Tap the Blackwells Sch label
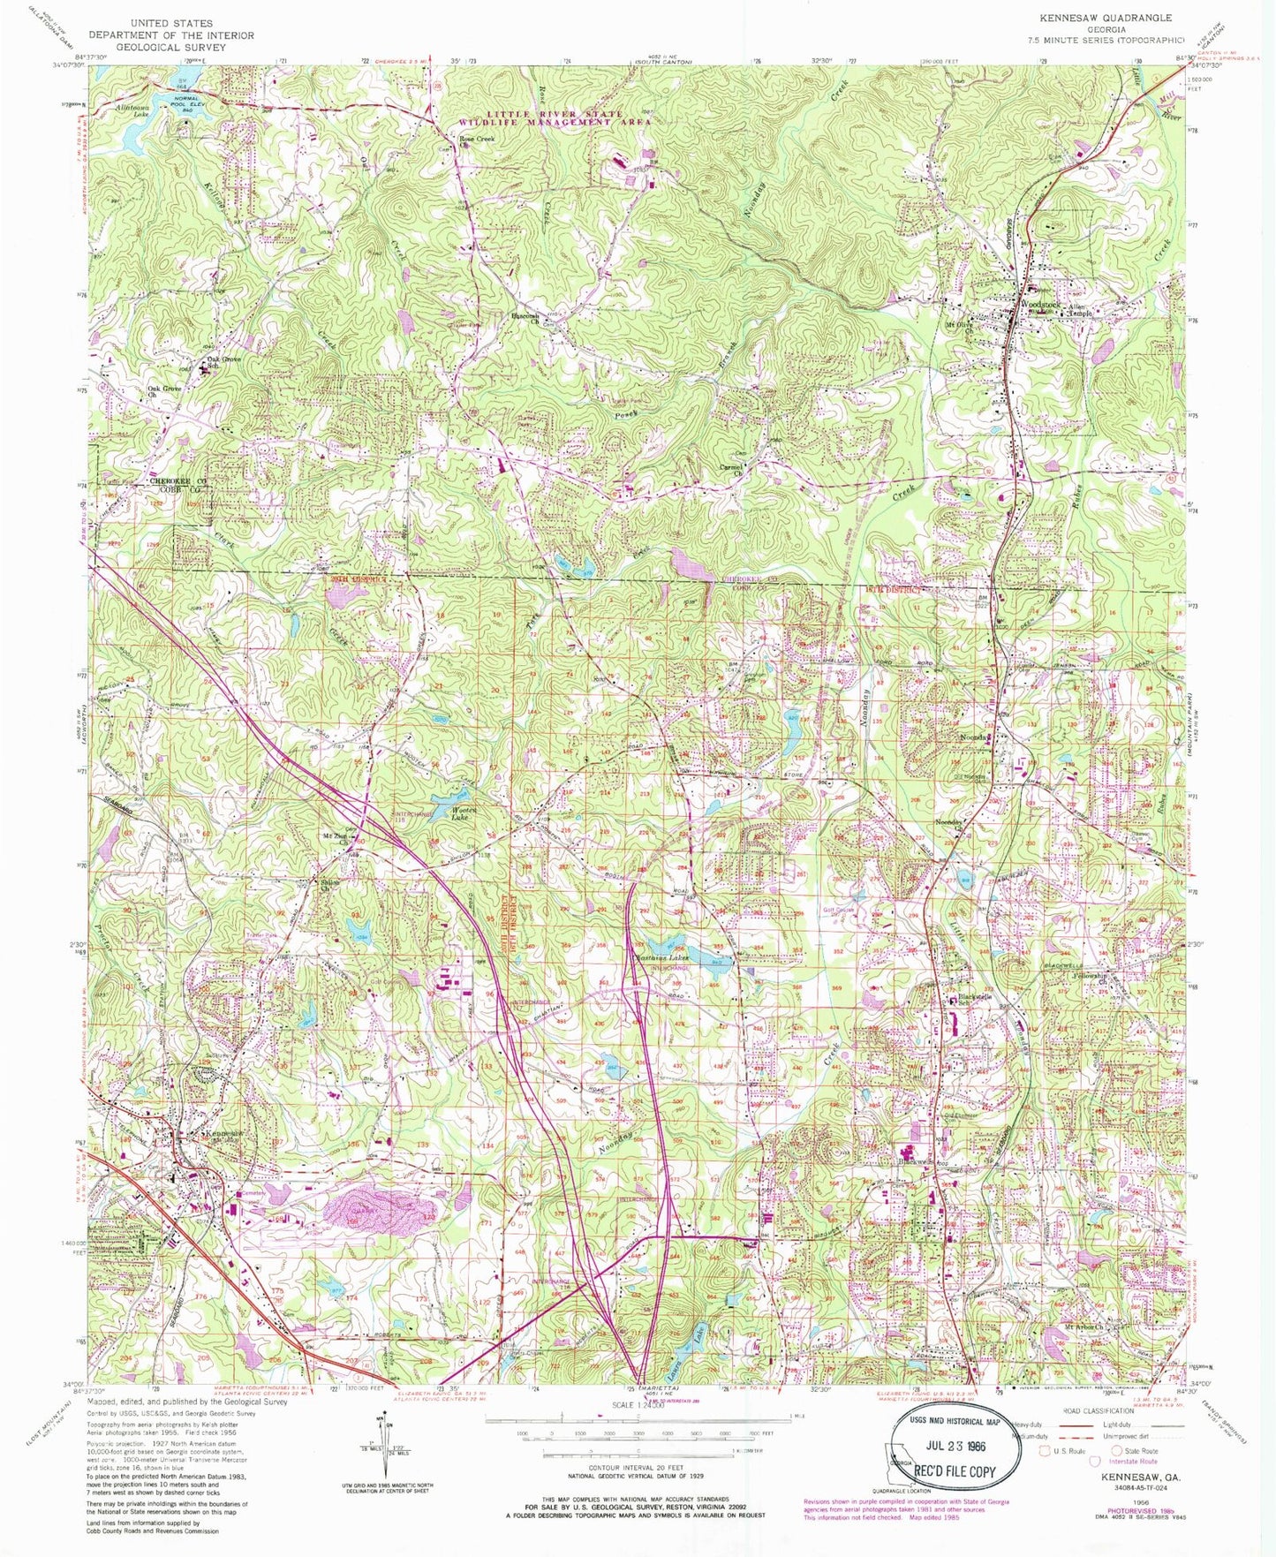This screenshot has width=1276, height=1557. [x=975, y=1001]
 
